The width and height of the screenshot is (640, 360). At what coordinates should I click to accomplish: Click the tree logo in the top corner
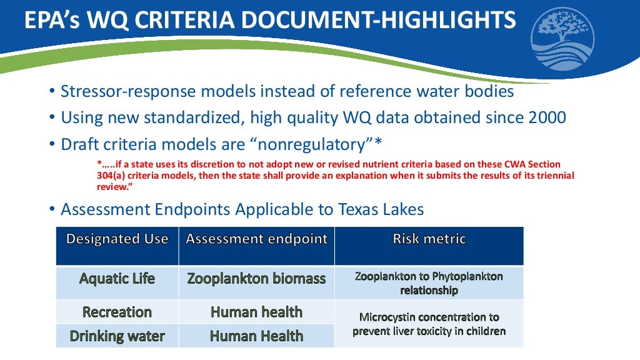(x=562, y=39)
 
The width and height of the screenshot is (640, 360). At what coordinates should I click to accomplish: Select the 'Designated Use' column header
(x=117, y=239)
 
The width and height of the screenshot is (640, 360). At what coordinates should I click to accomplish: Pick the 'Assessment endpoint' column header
(x=256, y=239)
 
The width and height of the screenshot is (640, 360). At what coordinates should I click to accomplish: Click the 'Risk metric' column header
(x=429, y=239)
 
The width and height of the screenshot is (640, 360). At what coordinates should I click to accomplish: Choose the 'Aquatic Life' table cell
(x=117, y=279)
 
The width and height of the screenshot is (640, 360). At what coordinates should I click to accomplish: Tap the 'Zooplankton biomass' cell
(x=256, y=279)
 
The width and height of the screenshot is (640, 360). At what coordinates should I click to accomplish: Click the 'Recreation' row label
(x=117, y=312)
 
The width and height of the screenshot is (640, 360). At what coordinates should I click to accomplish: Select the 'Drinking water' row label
(x=117, y=336)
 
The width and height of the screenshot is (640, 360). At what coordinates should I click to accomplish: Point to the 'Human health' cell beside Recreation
(x=256, y=312)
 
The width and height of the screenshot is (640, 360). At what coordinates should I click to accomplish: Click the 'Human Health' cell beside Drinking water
(x=256, y=336)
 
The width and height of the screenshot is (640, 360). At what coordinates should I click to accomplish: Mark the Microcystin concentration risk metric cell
(x=429, y=324)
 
